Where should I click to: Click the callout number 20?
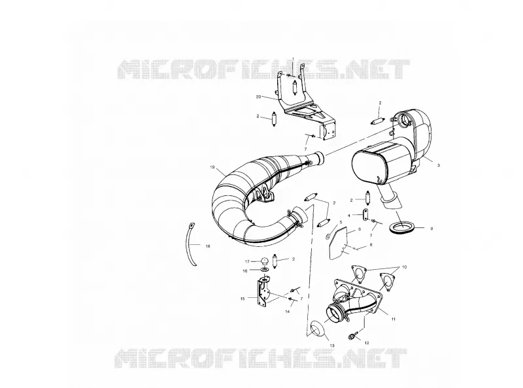(258, 97)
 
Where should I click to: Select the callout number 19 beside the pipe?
(212, 167)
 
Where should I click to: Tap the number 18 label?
(208, 246)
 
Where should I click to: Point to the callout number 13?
(332, 346)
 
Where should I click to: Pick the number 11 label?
(394, 319)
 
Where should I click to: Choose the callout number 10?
(405, 267)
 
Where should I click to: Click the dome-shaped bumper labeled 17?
(265, 261)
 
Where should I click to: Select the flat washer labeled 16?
(265, 269)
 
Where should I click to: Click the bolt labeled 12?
(354, 335)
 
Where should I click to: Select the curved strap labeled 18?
(192, 244)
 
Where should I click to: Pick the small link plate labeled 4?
(365, 214)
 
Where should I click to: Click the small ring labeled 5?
(328, 236)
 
